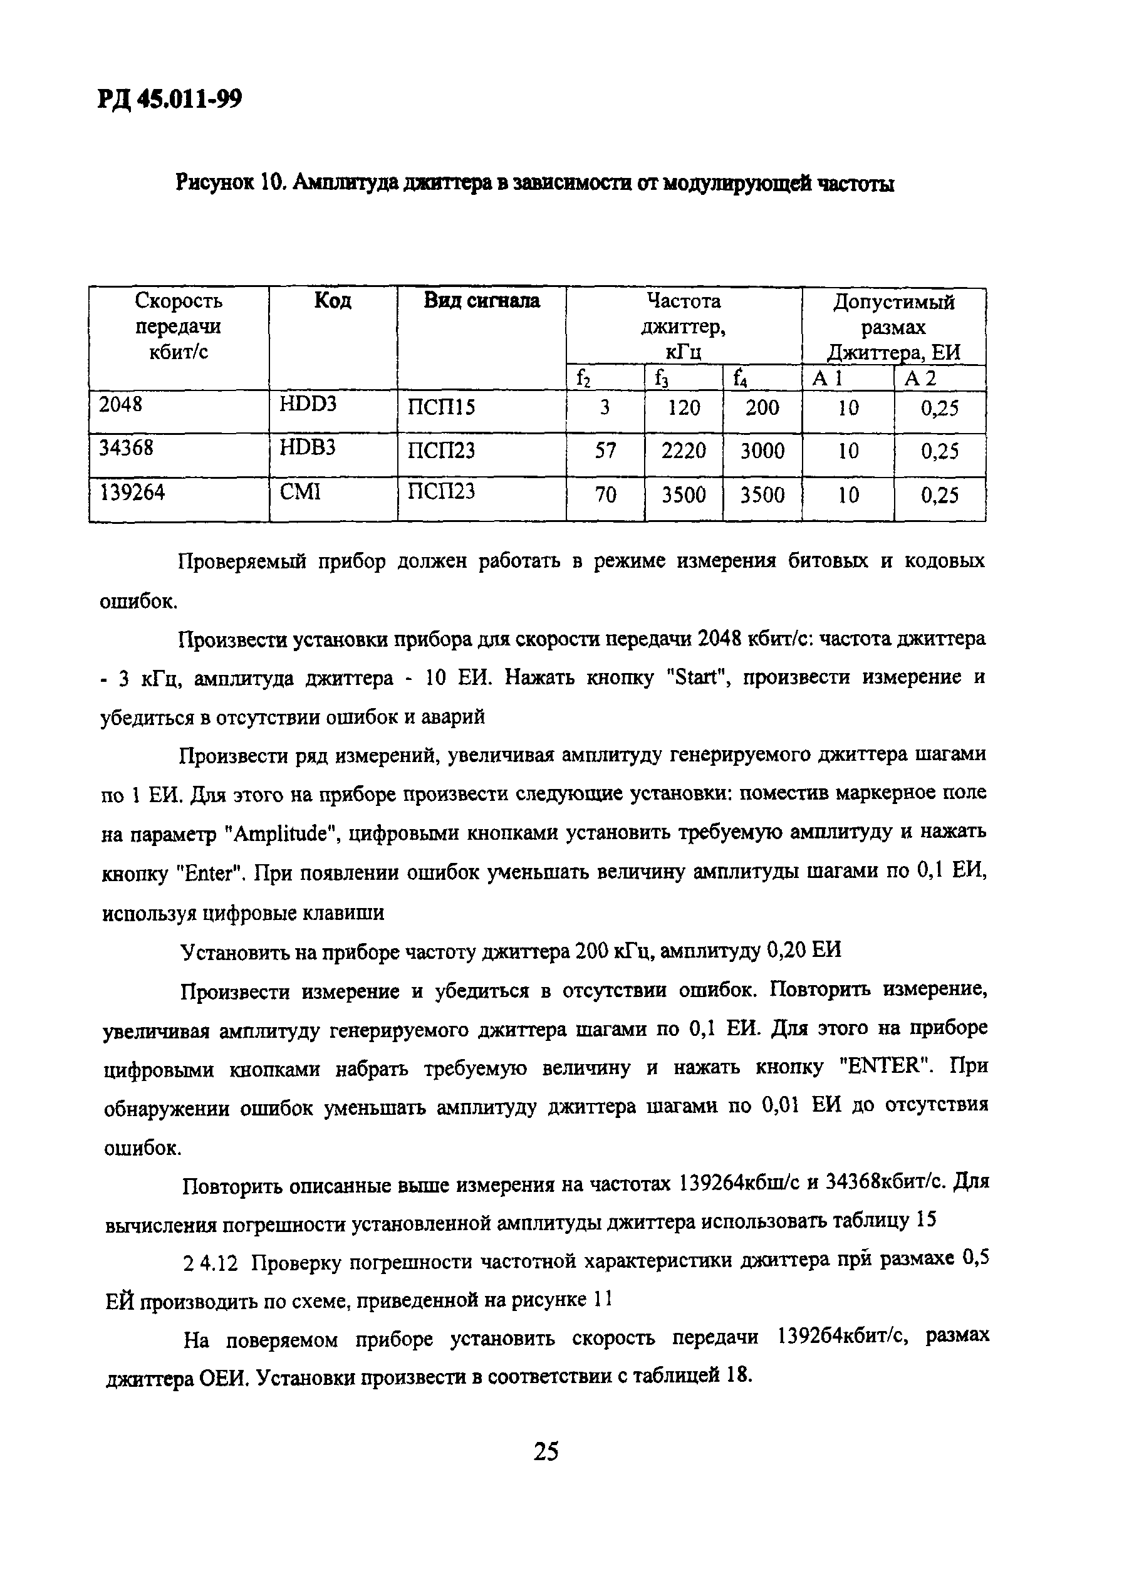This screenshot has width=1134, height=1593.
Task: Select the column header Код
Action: click(x=333, y=301)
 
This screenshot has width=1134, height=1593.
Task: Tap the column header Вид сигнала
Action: click(x=481, y=301)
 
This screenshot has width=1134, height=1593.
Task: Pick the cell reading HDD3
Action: click(x=308, y=404)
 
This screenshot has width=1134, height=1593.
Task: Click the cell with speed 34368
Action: click(x=126, y=448)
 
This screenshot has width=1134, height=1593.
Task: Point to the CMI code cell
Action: click(x=299, y=493)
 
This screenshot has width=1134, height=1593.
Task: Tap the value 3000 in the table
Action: click(x=762, y=451)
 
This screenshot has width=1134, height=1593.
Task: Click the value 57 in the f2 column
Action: click(x=605, y=451)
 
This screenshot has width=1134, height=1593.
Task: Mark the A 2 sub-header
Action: click(x=920, y=379)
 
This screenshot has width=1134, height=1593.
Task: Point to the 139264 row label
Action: click(x=133, y=493)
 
